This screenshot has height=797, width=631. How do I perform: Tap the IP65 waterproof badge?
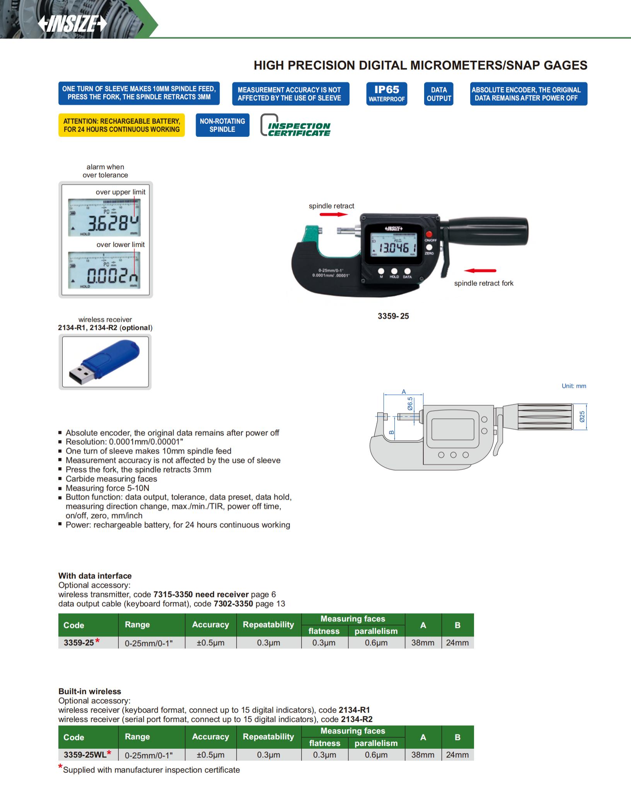pos(387,94)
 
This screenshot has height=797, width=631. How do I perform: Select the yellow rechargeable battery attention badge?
pos(121,125)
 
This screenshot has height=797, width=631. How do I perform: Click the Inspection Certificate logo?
pos(296,126)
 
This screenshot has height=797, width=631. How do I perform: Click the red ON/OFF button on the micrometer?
pos(429,234)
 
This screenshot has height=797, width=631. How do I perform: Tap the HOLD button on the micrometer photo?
pos(394,271)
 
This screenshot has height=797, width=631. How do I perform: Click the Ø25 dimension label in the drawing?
pos(582,416)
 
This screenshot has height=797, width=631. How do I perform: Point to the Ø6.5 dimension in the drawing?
pos(410,404)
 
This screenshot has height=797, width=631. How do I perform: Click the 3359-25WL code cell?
pos(85,754)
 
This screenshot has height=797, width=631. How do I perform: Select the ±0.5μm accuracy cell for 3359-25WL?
pos(210,754)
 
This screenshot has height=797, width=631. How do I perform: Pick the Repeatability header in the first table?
pos(268,625)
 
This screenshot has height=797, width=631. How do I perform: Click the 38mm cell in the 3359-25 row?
pos(423,643)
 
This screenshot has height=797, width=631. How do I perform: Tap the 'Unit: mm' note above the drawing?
pos(574,386)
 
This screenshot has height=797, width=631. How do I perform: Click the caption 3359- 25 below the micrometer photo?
pos(393,316)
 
